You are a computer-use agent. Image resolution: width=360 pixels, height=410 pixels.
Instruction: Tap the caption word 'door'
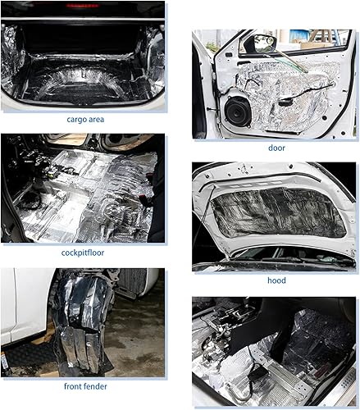(x=276, y=148)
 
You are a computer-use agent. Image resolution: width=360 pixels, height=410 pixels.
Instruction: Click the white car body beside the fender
(x=21, y=303)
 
